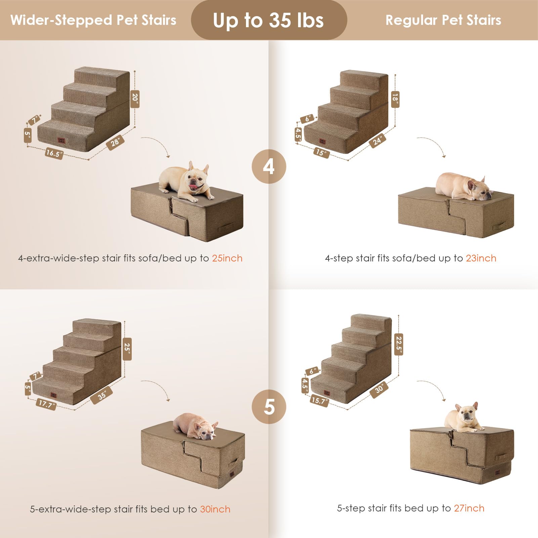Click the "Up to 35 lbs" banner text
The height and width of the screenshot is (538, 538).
click(268, 20)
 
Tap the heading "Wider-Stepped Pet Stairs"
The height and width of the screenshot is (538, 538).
click(93, 20)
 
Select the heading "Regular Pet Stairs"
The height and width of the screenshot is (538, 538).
click(443, 20)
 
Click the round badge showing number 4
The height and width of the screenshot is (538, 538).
click(269, 166)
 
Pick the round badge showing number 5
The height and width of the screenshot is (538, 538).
click(269, 407)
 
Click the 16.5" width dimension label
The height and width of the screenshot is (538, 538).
click(54, 153)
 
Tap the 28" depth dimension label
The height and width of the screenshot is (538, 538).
click(115, 142)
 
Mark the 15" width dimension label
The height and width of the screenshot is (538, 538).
click(321, 153)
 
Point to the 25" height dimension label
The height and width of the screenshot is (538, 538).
click(127, 349)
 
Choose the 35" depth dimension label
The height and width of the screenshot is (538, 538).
click(101, 395)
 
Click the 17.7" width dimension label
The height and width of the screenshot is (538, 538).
click(46, 404)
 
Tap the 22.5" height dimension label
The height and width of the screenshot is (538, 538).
click(399, 344)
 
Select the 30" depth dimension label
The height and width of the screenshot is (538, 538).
click(379, 389)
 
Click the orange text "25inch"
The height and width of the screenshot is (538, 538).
click(227, 258)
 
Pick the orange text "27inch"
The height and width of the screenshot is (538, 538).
click(469, 508)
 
